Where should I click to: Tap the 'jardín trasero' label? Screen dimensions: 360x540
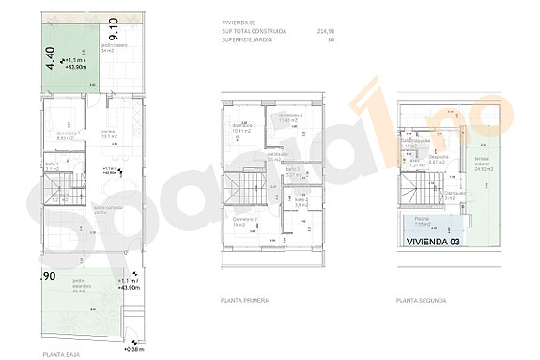[114, 47]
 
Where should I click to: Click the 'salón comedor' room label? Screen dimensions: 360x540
[108, 209]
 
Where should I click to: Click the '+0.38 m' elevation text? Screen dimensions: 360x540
[135, 348]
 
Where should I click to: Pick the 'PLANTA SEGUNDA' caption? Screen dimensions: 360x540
[421, 300]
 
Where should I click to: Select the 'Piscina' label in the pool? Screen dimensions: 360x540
[423, 223]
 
